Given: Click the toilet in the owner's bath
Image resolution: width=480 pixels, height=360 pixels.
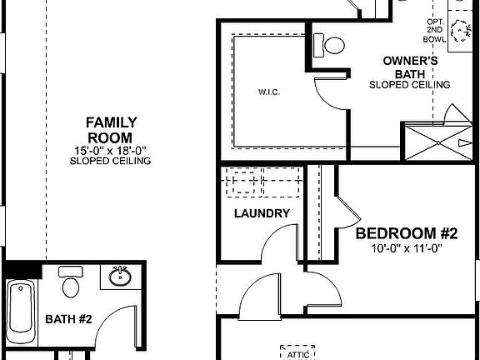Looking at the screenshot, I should pos(334,44).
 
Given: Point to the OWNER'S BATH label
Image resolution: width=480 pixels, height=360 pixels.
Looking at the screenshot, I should pos(409,67).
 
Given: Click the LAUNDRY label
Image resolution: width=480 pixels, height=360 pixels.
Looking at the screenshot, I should pos(262,213).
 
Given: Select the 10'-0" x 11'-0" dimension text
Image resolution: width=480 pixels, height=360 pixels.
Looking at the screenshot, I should pos(409,247).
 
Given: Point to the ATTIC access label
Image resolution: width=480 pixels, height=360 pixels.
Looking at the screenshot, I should pos(298,354).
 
